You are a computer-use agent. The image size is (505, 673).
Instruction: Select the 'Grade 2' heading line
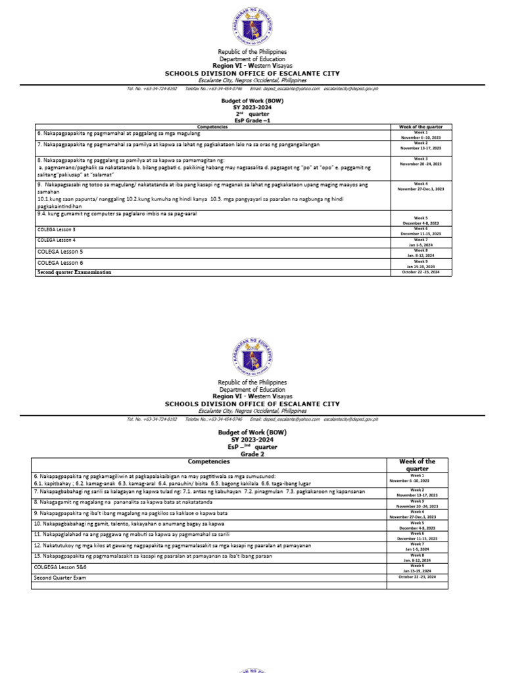[252, 453]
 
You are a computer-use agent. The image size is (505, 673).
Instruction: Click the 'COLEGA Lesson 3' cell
[56, 229]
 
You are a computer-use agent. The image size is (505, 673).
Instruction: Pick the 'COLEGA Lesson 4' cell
[56, 240]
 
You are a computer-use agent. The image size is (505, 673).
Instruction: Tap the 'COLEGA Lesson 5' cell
[60, 252]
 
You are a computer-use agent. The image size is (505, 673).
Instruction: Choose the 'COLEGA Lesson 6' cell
[60, 262]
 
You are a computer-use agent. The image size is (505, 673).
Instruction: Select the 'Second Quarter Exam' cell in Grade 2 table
[60, 578]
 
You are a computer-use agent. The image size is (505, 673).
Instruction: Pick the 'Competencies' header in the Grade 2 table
[208, 463]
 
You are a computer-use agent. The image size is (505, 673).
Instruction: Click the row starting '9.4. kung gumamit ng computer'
[122, 214]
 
